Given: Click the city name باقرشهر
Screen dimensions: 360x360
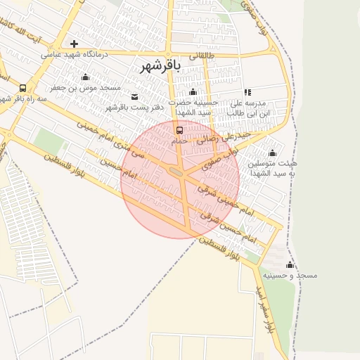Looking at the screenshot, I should (x=161, y=66).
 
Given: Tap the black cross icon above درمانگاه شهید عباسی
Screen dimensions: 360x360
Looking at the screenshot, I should (x=74, y=44).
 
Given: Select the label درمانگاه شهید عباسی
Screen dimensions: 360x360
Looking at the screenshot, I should (x=74, y=54).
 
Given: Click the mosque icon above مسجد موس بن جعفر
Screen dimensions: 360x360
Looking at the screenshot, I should (x=86, y=77).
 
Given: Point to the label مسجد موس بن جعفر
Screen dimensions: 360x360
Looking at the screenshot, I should (x=85, y=88).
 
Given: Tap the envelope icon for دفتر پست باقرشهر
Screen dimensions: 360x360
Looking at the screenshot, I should (x=135, y=97).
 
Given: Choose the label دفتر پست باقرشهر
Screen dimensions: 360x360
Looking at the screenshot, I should (x=134, y=108).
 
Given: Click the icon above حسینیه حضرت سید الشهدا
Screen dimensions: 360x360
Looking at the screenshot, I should (x=193, y=92).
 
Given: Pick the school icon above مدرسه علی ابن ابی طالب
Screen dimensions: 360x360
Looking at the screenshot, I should (x=247, y=92).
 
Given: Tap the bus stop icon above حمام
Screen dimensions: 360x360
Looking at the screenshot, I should (x=179, y=130).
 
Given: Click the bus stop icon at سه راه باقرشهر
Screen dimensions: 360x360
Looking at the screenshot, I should (x=23, y=89).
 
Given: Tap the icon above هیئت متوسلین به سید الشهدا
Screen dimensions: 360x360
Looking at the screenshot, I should (x=272, y=153).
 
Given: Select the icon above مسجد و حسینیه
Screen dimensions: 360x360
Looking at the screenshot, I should (x=290, y=264).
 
